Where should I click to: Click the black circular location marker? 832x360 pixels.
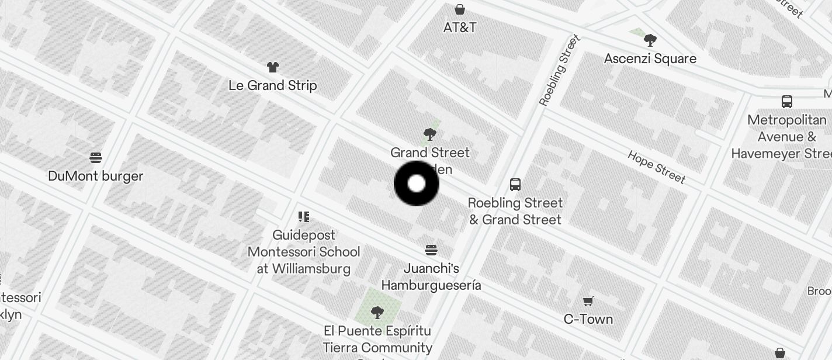416,184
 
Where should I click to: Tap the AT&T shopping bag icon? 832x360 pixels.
460,9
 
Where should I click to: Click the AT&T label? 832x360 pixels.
460,27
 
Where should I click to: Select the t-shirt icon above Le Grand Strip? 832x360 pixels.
273,67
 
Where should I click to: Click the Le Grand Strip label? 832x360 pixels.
273,85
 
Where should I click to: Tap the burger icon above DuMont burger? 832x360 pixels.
96,158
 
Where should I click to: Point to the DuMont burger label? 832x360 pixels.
96,176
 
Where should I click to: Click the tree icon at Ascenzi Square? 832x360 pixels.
650,40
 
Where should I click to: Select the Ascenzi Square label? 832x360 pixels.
650,58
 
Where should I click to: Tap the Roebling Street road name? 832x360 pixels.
560,71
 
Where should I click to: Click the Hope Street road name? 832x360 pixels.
656,167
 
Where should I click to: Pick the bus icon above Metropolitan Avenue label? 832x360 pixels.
787,102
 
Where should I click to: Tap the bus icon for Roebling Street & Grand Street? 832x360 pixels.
515,185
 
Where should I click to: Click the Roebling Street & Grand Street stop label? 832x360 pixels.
515,211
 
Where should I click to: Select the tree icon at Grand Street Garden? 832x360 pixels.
430,134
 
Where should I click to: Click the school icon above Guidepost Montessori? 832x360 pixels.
304,217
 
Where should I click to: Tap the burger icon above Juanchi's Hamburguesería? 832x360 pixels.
431,251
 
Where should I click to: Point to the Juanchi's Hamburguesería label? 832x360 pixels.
431,276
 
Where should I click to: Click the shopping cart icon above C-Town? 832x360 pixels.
588,301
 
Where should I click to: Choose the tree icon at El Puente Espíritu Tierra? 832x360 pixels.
377,313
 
